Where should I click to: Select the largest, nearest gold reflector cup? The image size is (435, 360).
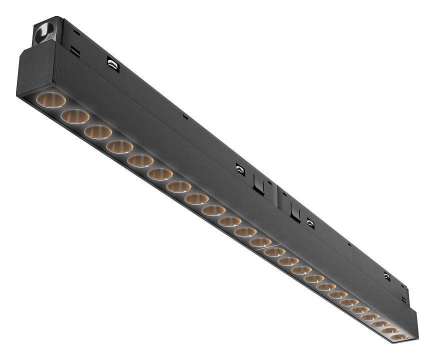pos(50,99)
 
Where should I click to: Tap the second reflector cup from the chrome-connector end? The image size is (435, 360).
pos(75,116)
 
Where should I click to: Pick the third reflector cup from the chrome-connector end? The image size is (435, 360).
pos(98,132)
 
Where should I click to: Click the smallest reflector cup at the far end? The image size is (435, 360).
pos(399,337)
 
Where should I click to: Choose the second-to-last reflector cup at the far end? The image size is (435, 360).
pos(389,330)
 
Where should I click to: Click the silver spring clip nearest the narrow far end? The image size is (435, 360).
pos(387,276)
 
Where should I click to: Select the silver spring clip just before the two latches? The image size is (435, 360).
pos(240,170)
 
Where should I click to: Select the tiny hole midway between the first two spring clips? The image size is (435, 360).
pos(184,117)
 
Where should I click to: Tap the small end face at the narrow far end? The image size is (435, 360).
pos(414,324)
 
